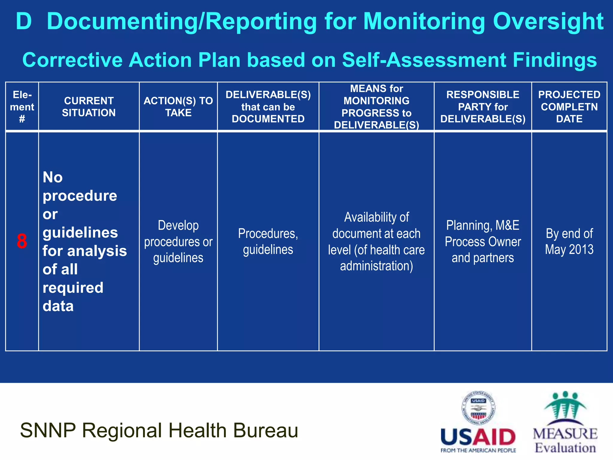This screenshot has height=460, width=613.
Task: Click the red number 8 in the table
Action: (x=22, y=241)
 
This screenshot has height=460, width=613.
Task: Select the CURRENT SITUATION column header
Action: (x=89, y=107)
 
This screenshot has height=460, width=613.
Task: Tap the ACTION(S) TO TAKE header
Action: (x=178, y=107)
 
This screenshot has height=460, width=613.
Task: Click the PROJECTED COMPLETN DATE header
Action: (x=569, y=107)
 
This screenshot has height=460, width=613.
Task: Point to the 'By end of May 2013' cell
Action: (x=569, y=241)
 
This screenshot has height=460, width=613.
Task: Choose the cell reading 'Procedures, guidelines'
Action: (x=268, y=241)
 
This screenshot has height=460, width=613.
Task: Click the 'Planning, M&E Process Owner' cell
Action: (x=482, y=241)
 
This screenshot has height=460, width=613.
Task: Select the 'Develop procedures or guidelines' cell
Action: (x=178, y=241)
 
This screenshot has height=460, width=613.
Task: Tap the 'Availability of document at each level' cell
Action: (x=376, y=241)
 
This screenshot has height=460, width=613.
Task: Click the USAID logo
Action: (x=478, y=437)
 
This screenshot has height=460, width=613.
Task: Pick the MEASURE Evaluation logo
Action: (x=565, y=422)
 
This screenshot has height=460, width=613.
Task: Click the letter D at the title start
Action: (x=24, y=22)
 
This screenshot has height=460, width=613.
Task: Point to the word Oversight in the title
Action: (x=548, y=22)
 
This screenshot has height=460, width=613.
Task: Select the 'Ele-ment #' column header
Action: (x=22, y=107)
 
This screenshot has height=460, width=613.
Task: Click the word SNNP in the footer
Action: (x=48, y=430)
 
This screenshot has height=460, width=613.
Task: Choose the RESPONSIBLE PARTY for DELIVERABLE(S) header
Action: (x=482, y=107)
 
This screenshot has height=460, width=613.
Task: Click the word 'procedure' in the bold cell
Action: (x=80, y=196)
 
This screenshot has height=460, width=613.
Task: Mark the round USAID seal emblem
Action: (x=478, y=408)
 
